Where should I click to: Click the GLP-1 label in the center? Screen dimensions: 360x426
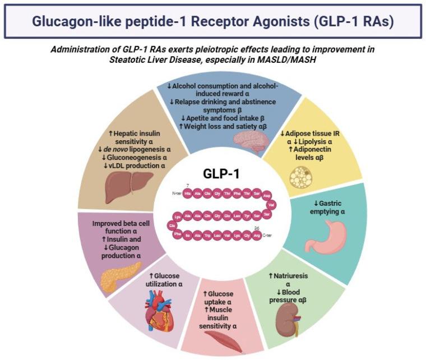(221, 174)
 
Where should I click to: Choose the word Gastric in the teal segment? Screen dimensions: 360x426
(324, 203)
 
